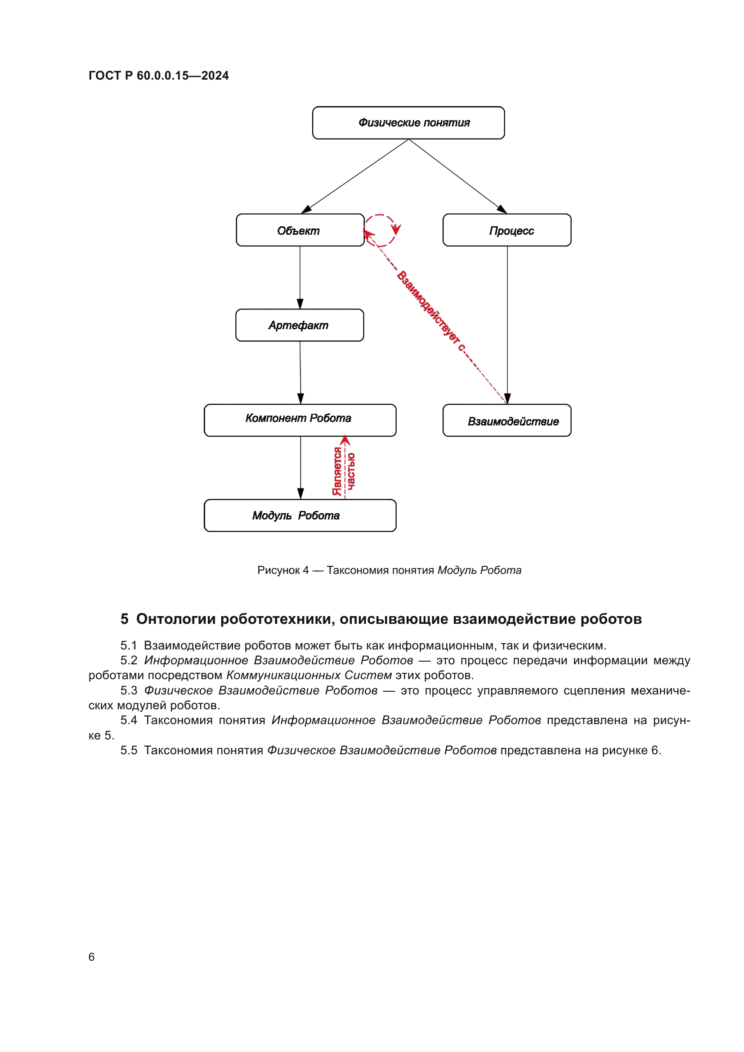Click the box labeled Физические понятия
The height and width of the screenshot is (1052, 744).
(408, 123)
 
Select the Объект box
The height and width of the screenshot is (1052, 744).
(300, 230)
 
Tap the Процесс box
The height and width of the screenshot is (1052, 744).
(506, 230)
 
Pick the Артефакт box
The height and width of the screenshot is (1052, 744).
(300, 325)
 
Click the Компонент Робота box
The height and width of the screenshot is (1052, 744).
(300, 420)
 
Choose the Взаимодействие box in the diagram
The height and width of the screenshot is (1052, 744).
(506, 420)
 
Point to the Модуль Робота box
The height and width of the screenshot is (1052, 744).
(300, 515)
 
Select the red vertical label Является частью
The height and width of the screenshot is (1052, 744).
(344, 471)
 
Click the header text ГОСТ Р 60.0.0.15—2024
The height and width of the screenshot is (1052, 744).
(158, 76)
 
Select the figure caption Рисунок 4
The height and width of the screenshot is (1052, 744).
(282, 570)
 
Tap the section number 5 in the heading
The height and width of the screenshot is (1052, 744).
(124, 619)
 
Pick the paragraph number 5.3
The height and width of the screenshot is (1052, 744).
(129, 690)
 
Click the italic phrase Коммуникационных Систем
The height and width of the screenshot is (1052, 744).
(309, 676)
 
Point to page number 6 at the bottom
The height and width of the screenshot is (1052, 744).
(92, 957)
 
